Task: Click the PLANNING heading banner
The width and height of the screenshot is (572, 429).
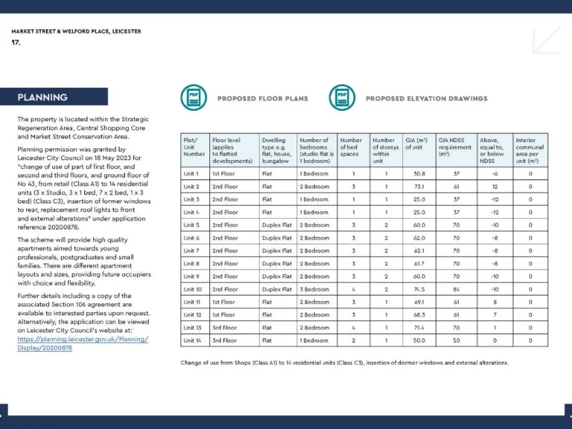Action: coord(63,97)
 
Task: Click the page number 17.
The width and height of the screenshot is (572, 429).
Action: coord(16,42)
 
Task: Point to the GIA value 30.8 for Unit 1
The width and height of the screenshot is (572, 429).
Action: coord(419,174)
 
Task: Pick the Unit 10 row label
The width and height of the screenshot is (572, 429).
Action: coord(193,289)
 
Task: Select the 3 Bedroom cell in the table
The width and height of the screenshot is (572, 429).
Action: coord(314,289)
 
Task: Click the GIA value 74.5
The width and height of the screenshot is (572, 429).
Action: coord(419,289)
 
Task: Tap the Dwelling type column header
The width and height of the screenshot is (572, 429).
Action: coord(276,150)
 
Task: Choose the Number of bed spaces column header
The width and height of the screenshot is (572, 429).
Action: coord(351,145)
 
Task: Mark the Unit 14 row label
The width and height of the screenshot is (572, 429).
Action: coord(193,340)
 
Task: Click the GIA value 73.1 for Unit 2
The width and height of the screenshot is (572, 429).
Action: coord(419,186)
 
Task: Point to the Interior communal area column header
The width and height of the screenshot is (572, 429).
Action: coord(530,150)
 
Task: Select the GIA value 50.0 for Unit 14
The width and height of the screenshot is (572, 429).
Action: coord(419,340)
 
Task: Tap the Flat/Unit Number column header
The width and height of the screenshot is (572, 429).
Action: coord(194,145)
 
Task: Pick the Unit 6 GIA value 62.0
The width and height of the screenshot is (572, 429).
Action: coord(419,238)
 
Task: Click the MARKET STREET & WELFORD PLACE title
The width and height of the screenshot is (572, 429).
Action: coord(76,31)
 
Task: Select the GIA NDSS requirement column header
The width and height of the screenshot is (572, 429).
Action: coord(455,145)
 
